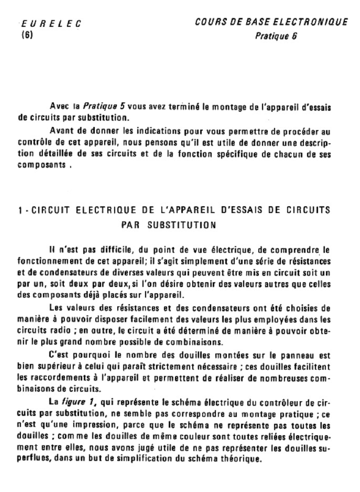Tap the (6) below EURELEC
point(27,35)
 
